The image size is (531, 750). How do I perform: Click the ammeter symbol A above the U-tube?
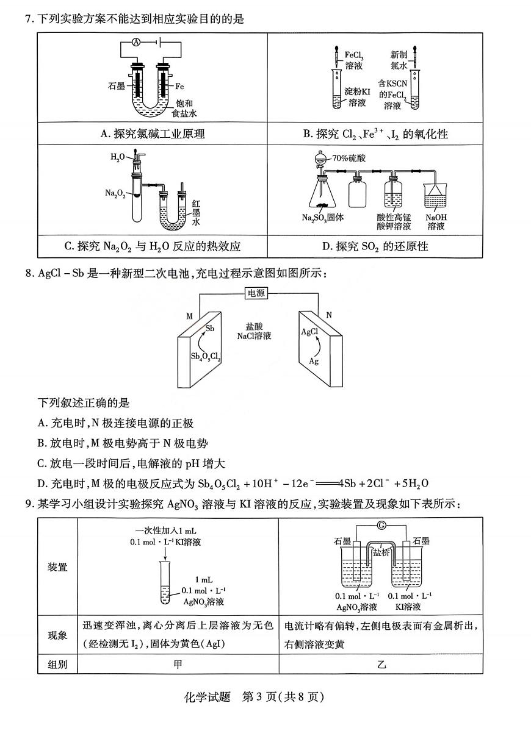(x=137, y=42)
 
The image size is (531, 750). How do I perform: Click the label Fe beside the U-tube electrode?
(x=180, y=86)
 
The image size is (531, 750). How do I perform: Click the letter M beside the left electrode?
(x=189, y=315)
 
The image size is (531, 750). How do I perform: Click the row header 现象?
(x=58, y=635)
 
